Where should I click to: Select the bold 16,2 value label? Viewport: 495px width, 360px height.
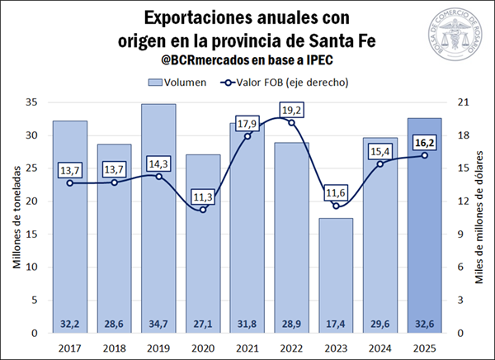coord(426,142)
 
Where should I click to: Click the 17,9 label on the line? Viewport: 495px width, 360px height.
coord(247,124)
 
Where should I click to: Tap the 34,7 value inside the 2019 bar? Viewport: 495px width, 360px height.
coord(158,322)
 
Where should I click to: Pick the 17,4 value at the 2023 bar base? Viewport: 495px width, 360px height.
coord(337,322)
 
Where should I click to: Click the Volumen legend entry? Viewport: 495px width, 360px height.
coord(182,82)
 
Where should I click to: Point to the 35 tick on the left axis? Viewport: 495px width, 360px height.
coord(32,102)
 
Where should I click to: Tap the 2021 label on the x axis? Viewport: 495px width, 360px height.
coord(247,348)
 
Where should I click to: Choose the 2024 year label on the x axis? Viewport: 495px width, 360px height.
coord(381,348)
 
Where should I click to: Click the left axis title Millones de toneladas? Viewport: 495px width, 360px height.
coord(16,217)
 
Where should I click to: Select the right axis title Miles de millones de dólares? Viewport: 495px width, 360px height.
coord(479,217)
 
